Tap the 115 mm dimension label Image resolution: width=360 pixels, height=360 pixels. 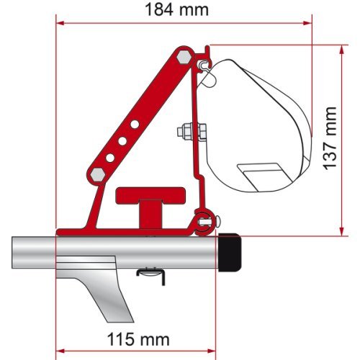click(138, 338)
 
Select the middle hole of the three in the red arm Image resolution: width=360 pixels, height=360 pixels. click(122, 142)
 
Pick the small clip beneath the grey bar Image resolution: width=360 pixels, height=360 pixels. click(150, 271)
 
